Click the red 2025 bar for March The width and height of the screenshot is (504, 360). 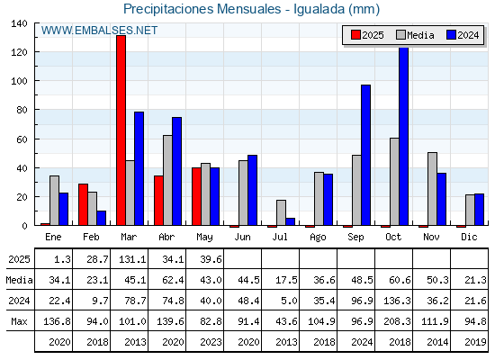pos(121,130)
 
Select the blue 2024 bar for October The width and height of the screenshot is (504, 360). pos(404,136)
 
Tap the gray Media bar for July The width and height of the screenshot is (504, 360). pos(281,212)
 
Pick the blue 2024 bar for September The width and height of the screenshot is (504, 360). pos(365,155)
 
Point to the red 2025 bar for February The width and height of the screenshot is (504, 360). pos(83,204)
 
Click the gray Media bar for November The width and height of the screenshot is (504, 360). pos(432,189)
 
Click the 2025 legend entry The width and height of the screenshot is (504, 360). pos(367,35)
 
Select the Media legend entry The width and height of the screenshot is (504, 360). pos(415,35)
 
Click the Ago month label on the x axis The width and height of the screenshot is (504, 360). pos(318,238)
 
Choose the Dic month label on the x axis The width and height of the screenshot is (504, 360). pos(469,237)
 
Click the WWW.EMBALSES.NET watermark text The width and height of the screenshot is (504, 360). pos(99,31)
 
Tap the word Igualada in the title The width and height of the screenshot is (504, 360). pos(319,9)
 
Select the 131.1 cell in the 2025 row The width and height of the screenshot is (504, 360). pos(132,259)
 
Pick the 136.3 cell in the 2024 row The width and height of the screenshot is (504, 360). pos(397,301)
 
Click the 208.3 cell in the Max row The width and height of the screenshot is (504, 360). pos(397,321)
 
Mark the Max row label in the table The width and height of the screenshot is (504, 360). pos(19,321)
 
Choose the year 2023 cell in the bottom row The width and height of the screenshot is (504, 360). pos(211,342)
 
